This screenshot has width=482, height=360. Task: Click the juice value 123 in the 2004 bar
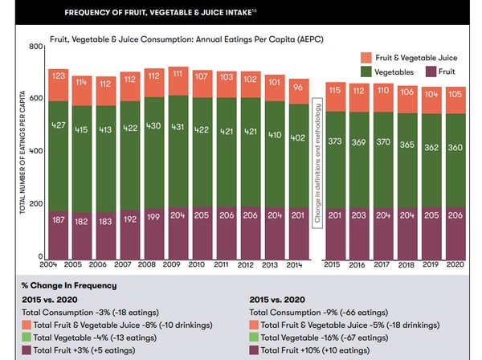(x=59, y=76)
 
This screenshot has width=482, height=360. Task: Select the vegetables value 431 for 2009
(x=178, y=127)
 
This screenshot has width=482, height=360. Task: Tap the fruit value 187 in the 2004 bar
(x=59, y=220)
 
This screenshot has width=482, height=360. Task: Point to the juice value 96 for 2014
(x=298, y=88)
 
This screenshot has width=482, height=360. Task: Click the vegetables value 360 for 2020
(x=455, y=148)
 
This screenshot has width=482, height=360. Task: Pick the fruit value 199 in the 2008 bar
(x=153, y=217)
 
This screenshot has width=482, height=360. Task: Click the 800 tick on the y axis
(x=36, y=47)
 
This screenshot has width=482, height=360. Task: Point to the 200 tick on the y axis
(x=36, y=203)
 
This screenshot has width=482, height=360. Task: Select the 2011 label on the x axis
(x=221, y=264)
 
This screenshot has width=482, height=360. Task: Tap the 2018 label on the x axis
(x=406, y=264)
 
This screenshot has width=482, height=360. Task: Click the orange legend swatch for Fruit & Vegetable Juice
(x=366, y=58)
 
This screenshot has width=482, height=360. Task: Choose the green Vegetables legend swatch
(x=366, y=72)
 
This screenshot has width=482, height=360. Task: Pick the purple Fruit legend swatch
(x=431, y=72)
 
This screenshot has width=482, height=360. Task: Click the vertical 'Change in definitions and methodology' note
(x=317, y=163)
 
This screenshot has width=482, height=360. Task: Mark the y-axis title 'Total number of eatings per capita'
(x=22, y=152)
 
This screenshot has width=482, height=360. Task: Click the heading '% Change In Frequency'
(x=69, y=285)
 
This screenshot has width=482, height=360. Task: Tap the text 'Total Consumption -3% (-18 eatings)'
(x=90, y=313)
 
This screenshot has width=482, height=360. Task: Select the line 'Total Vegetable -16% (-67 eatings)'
(x=325, y=337)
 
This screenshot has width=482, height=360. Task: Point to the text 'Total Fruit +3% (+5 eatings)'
(x=84, y=350)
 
